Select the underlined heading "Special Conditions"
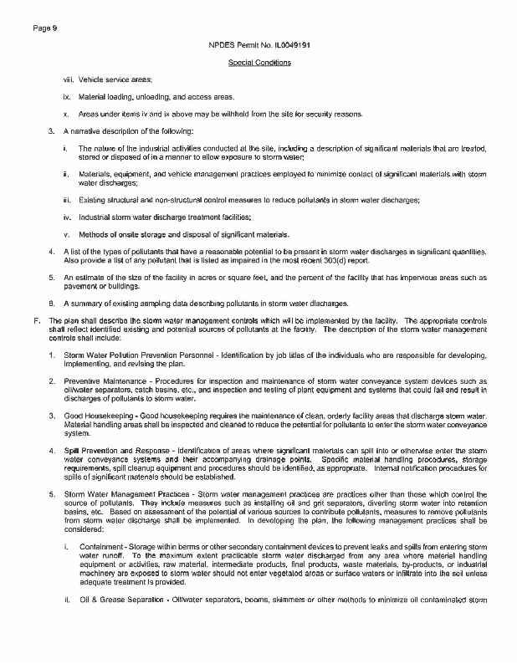tap(258, 62)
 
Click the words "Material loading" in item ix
tap(104, 97)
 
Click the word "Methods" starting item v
tap(92, 233)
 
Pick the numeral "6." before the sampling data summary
tap(52, 302)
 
